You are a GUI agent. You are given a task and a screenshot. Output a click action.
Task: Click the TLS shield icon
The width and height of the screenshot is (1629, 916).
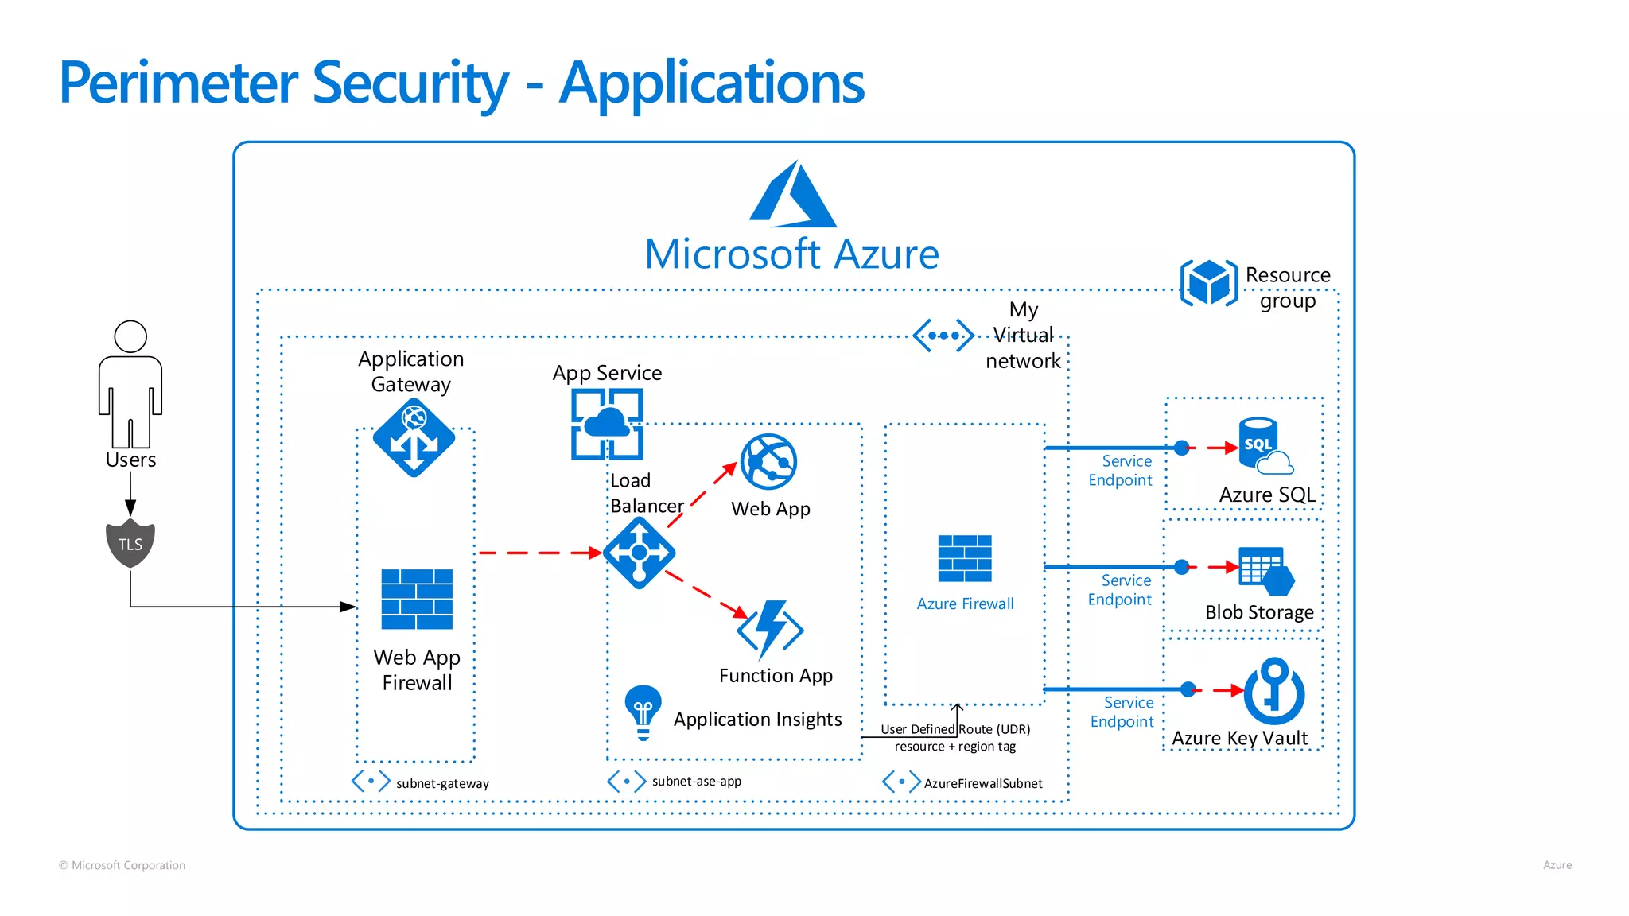click(x=130, y=544)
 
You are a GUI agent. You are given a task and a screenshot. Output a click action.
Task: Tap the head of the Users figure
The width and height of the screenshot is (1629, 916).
click(x=130, y=336)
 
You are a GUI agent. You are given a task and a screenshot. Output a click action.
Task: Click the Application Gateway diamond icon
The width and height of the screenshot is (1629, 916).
click(x=414, y=438)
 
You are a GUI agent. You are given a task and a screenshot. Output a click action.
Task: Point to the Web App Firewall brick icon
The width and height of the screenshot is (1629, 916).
click(x=417, y=600)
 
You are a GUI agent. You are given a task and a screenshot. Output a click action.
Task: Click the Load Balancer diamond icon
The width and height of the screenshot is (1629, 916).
click(x=640, y=553)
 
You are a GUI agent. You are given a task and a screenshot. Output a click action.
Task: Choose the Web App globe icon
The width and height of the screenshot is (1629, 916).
click(x=768, y=461)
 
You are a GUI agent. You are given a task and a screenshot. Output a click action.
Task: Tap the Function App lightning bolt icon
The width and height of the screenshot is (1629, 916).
click(x=770, y=630)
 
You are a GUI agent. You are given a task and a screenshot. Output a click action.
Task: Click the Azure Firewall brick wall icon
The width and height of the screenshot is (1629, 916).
click(x=965, y=558)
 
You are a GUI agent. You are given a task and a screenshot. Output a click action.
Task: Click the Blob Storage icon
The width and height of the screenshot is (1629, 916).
click(x=1266, y=571)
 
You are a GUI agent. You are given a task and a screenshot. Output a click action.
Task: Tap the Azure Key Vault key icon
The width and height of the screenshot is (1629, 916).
click(x=1274, y=689)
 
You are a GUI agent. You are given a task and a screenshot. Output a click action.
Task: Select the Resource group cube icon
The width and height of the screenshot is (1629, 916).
click(x=1209, y=282)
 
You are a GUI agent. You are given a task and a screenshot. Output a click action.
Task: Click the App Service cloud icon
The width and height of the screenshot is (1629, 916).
click(x=607, y=424)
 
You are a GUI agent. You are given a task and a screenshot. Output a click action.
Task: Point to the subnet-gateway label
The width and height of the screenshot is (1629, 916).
click(x=442, y=783)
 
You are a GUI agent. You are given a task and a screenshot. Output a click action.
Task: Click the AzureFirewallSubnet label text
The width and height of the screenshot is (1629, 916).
click(x=983, y=783)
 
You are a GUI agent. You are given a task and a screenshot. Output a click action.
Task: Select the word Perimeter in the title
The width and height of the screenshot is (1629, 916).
click(x=179, y=83)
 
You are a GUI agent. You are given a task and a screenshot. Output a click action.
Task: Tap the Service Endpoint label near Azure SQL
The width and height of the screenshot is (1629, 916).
click(x=1121, y=471)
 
